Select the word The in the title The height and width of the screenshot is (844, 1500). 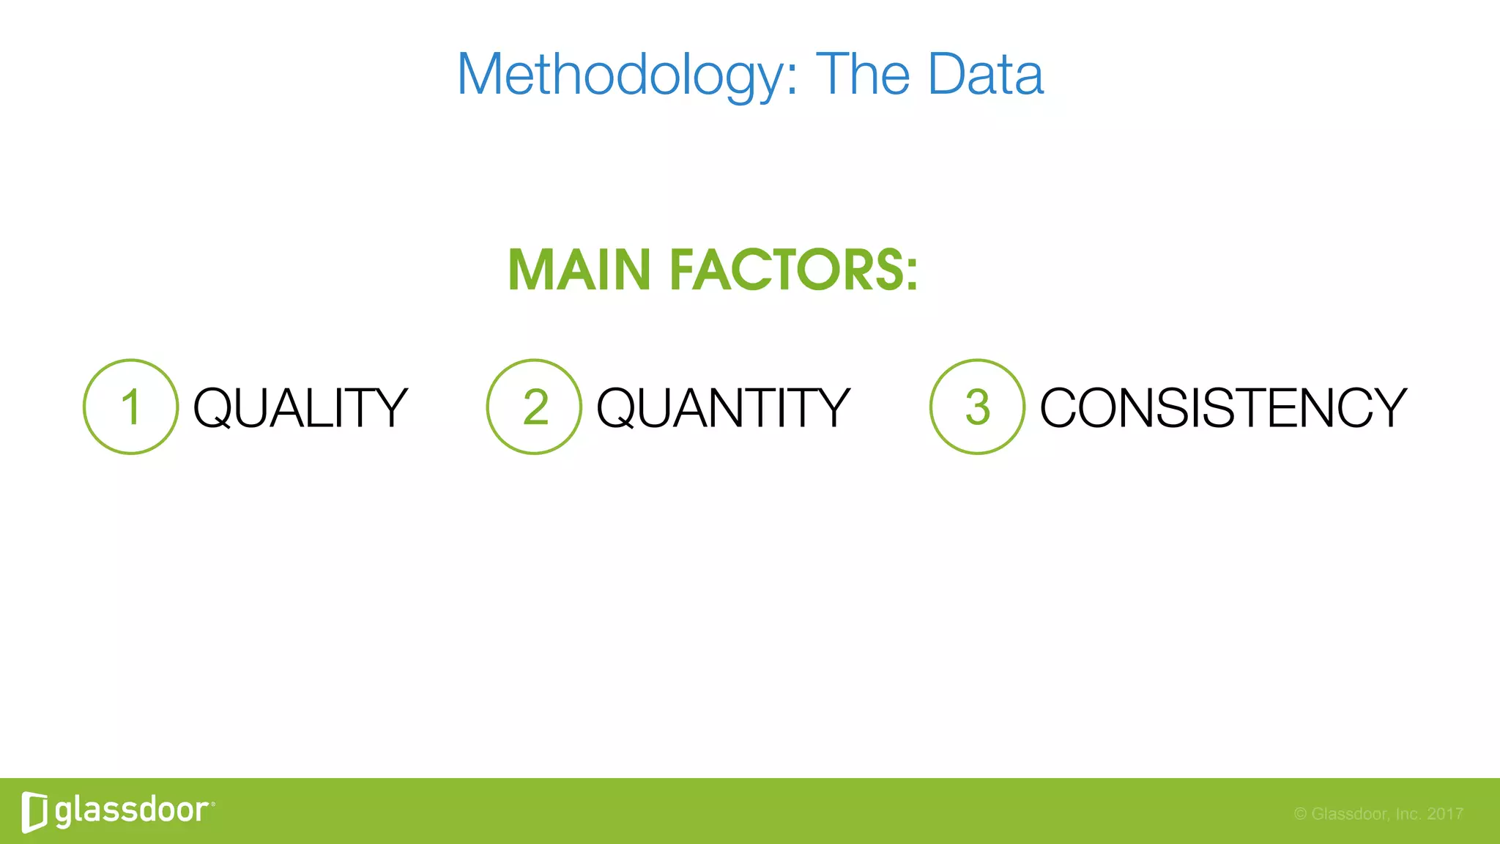pos(863,75)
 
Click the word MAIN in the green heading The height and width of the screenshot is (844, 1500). pos(579,270)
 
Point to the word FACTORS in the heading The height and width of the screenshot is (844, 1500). pos(787,270)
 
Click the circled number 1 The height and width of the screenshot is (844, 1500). pos(131,407)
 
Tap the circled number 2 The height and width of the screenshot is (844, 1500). pos(535,407)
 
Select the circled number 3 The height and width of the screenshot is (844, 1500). pos(977,407)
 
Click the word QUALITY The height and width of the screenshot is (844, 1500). pos(300,408)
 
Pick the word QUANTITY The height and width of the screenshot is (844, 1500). pos(723,408)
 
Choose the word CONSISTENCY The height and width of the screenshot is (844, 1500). pos(1223,408)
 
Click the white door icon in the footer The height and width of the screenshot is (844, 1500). pos(34,812)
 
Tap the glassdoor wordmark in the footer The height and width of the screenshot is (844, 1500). pos(132,810)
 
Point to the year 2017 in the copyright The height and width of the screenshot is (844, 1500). pos(1445,814)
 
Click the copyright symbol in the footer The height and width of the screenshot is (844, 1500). pos(1300,814)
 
